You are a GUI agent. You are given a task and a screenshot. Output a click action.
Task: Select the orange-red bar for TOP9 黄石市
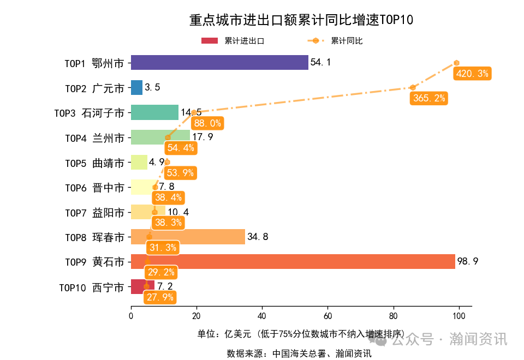click(293, 262)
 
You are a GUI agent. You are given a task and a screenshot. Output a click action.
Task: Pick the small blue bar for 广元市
click(136, 88)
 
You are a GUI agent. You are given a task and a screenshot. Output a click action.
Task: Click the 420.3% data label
click(472, 74)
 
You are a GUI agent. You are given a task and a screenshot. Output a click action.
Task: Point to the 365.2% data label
click(429, 98)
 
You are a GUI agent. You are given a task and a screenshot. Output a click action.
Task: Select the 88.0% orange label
click(207, 123)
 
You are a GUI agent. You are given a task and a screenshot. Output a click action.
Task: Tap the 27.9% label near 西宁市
click(160, 297)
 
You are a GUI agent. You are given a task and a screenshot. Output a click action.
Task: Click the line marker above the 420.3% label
click(456, 63)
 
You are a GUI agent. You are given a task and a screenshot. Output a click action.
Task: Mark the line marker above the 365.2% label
click(413, 87)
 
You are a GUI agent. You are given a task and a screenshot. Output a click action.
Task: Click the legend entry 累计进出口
click(233, 41)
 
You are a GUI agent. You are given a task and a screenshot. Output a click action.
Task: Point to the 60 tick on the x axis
click(327, 316)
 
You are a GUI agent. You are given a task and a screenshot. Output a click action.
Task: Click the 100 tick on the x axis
click(458, 316)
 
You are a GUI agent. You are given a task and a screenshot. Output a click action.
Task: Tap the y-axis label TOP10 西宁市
click(91, 287)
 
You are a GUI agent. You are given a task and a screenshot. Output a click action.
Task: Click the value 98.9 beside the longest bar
click(468, 262)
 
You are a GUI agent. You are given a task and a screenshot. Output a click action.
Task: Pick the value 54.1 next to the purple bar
click(320, 63)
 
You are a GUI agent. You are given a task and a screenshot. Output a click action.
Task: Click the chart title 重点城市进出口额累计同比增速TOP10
click(301, 20)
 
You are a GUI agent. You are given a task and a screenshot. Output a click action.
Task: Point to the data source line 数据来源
click(299, 353)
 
